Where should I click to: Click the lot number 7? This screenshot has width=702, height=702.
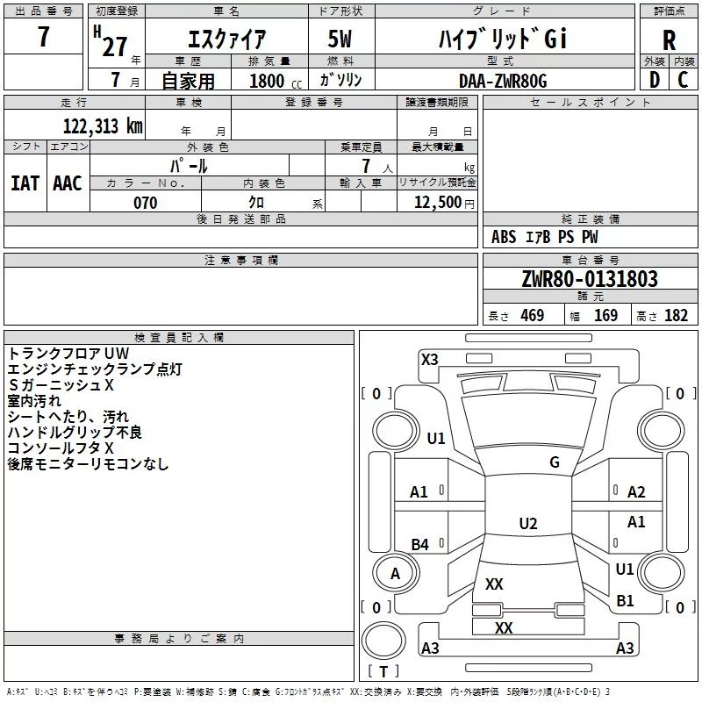click(43, 36)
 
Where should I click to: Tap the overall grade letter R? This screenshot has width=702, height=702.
click(669, 40)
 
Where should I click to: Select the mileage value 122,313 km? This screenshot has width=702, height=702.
click(103, 125)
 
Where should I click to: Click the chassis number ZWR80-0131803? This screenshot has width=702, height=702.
click(590, 279)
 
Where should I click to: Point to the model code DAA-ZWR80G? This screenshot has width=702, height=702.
click(503, 81)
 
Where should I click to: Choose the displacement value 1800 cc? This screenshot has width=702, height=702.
click(276, 81)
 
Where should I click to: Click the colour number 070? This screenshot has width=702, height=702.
click(146, 203)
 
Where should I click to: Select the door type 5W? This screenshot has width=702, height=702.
click(340, 39)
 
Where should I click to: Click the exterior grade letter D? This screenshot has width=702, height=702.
click(655, 80)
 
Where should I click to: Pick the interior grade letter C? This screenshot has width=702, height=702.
click(683, 80)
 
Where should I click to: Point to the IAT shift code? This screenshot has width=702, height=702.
click(25, 183)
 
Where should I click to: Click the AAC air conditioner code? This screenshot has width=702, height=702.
click(68, 183)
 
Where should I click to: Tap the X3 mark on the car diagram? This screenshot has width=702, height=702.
click(429, 360)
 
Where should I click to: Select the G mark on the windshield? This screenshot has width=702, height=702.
click(555, 462)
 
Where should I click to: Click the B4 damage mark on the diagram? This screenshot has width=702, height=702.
click(420, 544)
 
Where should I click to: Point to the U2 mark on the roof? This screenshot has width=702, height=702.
click(528, 523)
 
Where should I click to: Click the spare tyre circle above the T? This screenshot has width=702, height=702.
click(383, 641)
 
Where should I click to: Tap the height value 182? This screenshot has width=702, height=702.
click(676, 315)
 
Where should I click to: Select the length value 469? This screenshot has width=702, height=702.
click(533, 315)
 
